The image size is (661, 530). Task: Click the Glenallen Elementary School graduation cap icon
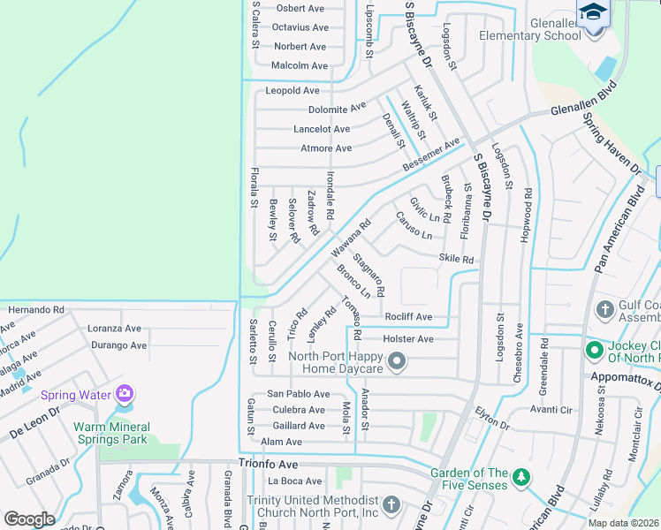click(593, 12)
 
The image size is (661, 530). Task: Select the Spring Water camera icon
click(125, 392)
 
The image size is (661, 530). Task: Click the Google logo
click(29, 519)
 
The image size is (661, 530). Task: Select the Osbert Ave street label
click(300, 8)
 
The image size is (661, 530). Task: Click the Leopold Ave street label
click(293, 91)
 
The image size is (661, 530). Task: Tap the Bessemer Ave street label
click(431, 155)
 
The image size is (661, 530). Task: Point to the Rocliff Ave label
click(408, 316)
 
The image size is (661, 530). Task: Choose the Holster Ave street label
click(408, 339)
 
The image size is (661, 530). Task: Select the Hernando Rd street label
click(36, 310)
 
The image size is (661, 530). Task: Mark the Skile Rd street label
click(456, 260)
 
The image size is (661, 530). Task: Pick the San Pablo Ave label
click(299, 394)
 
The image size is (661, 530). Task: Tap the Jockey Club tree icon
click(595, 351)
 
